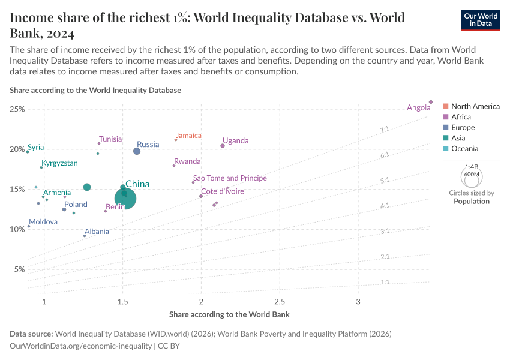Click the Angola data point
pos(431,102)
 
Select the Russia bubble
pos(137,151)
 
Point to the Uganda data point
pos(223,146)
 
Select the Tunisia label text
pos(110,139)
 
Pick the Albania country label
pos(97,231)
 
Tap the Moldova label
pos(43,222)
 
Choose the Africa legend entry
pos(461,117)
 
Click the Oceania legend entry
pos(464,149)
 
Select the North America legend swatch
pos(445,106)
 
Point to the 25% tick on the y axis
pos(17,109)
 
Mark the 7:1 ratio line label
pos(385,130)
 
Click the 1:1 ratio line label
pos(385,282)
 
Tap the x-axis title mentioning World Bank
pos(229,314)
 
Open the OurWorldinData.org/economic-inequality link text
pos(81,346)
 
